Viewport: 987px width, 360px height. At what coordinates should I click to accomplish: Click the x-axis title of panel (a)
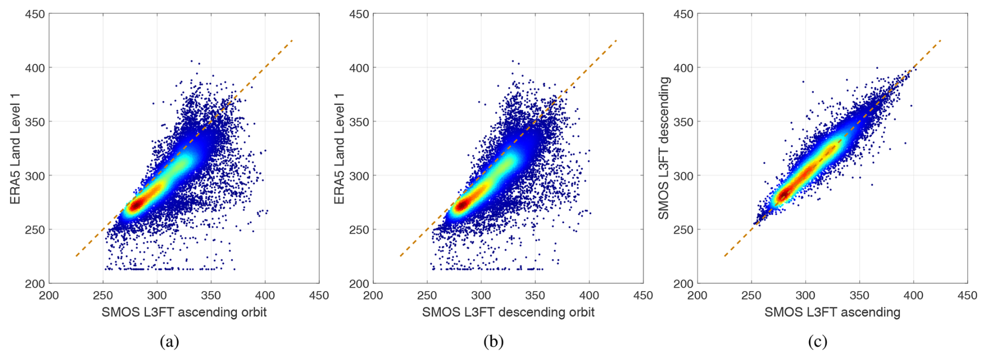(184, 312)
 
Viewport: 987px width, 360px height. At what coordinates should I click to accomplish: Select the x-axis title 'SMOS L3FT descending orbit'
(508, 312)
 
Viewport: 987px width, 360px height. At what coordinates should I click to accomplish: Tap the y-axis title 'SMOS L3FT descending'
(663, 148)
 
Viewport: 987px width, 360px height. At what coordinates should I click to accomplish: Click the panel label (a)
(170, 342)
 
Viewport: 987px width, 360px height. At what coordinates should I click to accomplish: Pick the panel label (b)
(493, 342)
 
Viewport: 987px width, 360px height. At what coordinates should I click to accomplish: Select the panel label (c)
(817, 342)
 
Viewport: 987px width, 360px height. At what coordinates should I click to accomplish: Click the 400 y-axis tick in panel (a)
(35, 68)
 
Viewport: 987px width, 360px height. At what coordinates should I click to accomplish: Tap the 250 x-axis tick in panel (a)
(103, 295)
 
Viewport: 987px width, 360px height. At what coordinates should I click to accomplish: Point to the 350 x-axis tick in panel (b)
(535, 295)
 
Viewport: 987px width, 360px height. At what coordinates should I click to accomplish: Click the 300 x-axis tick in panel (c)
(805, 295)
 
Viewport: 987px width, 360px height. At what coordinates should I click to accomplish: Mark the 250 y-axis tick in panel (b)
(359, 230)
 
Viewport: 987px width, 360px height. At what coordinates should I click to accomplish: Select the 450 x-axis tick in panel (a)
(319, 295)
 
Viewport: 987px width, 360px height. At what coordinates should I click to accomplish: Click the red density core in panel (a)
(137, 204)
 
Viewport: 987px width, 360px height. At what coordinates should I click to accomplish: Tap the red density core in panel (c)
(784, 195)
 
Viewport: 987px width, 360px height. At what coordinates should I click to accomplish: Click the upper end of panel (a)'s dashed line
(292, 40)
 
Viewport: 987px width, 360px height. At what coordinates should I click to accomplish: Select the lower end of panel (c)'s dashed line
(725, 256)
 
